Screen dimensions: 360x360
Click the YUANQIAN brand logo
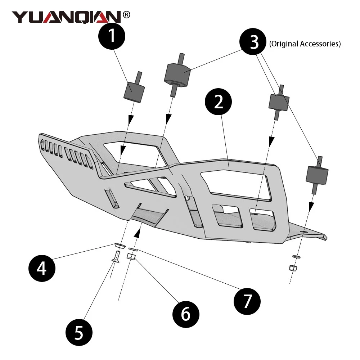(67, 17)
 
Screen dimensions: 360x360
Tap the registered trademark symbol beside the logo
(126, 15)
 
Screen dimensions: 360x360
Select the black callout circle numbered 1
(112, 37)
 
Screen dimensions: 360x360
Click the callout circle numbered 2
(219, 103)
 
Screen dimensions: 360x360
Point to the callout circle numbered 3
(254, 42)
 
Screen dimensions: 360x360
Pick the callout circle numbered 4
(42, 268)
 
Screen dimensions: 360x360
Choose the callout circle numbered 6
(185, 314)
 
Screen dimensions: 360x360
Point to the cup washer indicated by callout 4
(120, 246)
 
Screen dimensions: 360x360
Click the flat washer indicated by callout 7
(133, 249)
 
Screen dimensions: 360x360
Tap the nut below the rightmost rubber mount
(293, 268)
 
